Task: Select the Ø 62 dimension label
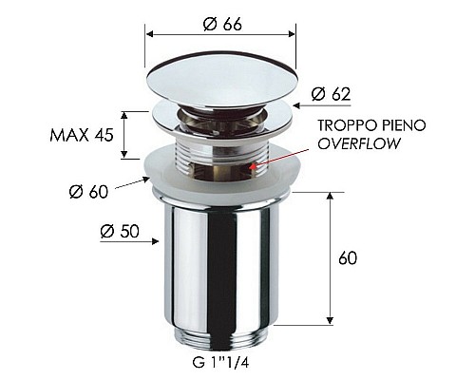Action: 330,93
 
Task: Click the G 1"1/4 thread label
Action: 219,361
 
